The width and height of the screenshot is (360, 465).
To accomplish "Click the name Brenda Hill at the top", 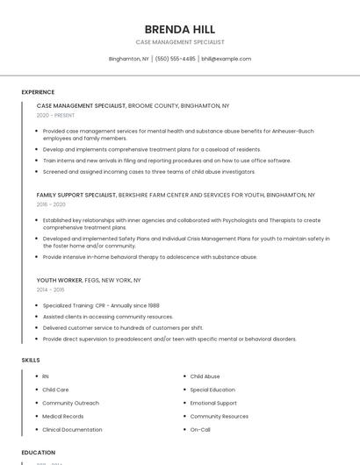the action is click(179, 29).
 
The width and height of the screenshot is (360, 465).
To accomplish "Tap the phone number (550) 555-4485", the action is click(176, 59).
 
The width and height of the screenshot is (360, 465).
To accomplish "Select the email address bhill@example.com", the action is click(227, 59).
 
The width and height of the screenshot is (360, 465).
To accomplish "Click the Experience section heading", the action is click(38, 92).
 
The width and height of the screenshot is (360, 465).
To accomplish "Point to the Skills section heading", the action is click(31, 360).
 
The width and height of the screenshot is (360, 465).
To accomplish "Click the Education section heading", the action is click(39, 452).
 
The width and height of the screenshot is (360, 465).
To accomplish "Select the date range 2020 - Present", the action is click(55, 115).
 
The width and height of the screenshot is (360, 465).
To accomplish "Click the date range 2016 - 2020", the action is click(51, 204).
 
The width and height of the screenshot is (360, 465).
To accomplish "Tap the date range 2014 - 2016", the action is click(50, 289).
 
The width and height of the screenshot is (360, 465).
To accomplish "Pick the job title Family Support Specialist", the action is click(76, 194).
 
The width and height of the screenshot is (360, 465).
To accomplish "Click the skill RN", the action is click(46, 376).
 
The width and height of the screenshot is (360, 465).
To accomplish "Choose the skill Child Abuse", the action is click(205, 376).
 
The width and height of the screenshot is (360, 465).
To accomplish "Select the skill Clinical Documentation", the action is click(72, 429).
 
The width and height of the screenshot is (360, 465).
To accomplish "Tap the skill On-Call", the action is click(200, 429).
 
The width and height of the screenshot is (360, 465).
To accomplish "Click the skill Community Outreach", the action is click(70, 403).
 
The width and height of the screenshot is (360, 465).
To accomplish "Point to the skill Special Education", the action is click(212, 390).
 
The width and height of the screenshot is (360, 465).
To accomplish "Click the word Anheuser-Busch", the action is click(291, 131).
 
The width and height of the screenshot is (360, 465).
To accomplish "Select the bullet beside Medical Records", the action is click(34, 416).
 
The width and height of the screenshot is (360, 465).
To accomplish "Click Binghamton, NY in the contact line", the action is click(128, 59).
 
